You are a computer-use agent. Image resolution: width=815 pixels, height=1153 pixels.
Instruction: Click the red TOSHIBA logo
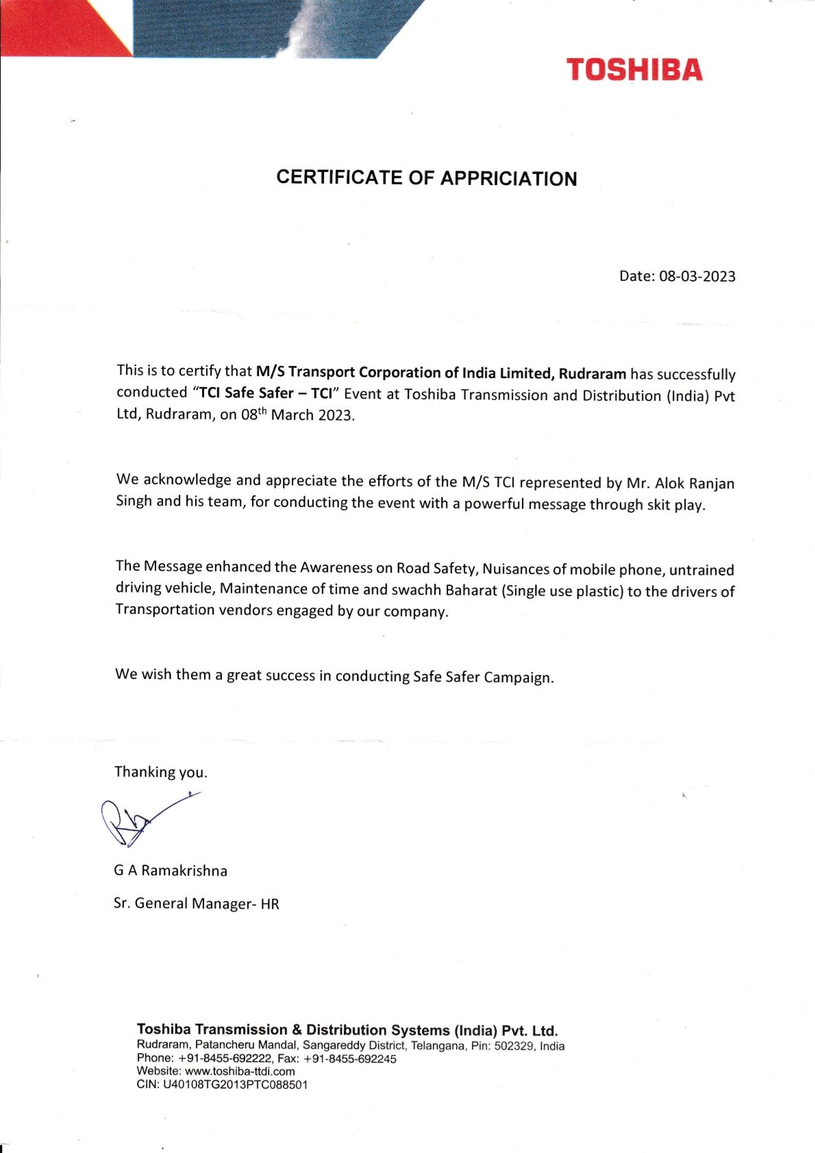coord(634,70)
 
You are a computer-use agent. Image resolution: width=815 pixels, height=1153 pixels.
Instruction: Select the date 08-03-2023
coord(697,276)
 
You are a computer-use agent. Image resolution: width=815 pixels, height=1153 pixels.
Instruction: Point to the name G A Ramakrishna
coord(171,871)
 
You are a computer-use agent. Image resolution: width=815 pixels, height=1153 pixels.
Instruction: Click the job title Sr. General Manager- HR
coord(197,904)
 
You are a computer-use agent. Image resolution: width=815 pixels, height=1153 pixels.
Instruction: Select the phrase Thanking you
coord(161,772)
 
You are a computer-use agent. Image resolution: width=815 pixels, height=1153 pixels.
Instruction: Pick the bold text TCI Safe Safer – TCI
coord(266,393)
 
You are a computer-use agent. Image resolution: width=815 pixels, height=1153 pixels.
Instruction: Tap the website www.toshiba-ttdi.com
coord(240,1071)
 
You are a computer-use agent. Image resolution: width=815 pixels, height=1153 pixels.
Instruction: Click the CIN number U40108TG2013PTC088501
coord(235,1085)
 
